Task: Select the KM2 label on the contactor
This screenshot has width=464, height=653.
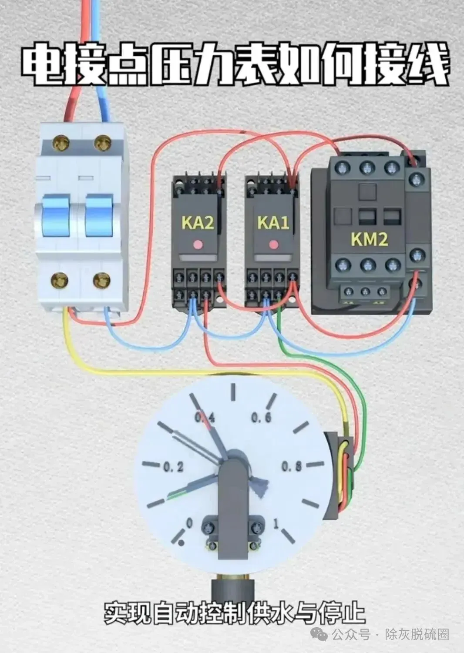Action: [369, 239]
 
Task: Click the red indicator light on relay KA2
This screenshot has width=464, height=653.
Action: [198, 244]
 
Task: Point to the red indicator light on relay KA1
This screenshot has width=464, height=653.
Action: [273, 244]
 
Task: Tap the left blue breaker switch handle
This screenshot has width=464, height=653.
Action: [56, 216]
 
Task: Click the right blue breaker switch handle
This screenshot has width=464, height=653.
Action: [99, 216]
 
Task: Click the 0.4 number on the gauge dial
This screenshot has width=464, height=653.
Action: [205, 418]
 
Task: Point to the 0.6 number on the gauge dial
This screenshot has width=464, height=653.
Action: [261, 418]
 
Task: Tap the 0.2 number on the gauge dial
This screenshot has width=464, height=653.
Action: [173, 467]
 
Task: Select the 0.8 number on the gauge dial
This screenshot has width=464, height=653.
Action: [291, 466]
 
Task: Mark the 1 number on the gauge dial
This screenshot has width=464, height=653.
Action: [276, 524]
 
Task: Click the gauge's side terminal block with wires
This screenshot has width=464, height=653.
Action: [343, 474]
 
